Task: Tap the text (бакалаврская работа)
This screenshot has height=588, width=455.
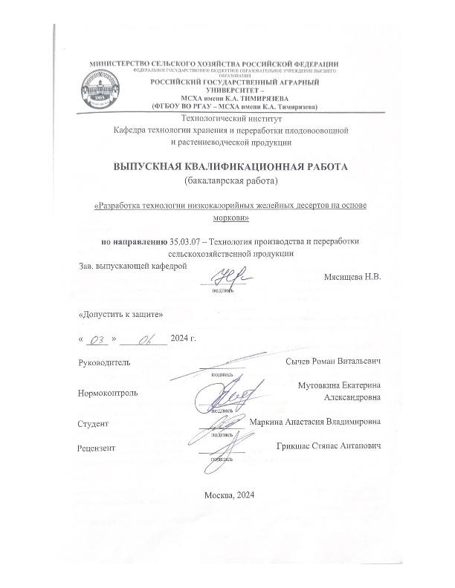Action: tap(230, 180)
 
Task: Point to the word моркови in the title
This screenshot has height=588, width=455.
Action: tap(230, 218)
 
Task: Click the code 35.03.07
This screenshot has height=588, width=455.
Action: tap(187, 241)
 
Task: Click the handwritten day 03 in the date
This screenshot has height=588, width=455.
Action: tap(98, 339)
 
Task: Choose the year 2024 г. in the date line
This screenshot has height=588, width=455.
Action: tap(183, 339)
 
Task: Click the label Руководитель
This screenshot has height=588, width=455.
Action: tap(104, 362)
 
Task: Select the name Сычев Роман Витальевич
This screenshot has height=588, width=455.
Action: tap(333, 361)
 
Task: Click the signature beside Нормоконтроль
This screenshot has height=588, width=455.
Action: tap(230, 395)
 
